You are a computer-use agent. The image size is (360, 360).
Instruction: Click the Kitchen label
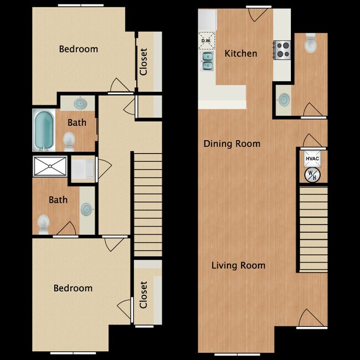coord(241,54)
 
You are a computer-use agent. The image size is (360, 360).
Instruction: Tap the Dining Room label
coord(232,144)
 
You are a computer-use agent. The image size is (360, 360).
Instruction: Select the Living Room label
coord(238,265)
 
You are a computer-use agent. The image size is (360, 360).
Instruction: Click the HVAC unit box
coord(311,158)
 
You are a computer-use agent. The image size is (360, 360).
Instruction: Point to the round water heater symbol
coord(310,175)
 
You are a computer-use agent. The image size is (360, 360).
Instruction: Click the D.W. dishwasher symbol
coord(206,41)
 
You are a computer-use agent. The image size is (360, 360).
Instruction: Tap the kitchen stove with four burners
coord(282,50)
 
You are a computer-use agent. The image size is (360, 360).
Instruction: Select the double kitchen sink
coord(207,61)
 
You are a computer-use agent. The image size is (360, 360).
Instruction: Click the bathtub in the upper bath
coord(43,131)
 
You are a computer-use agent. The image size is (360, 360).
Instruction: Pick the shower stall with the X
coord(50,166)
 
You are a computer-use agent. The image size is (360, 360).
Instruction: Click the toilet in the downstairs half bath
coord(310,43)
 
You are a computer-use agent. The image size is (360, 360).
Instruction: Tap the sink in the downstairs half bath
coord(284,100)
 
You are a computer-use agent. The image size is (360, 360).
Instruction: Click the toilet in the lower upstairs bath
coord(43,224)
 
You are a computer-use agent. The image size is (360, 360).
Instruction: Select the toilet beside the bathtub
coord(70,141)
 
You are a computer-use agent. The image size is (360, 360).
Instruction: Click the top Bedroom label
coord(79,49)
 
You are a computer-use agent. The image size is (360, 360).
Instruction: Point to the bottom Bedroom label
coord(73,288)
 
